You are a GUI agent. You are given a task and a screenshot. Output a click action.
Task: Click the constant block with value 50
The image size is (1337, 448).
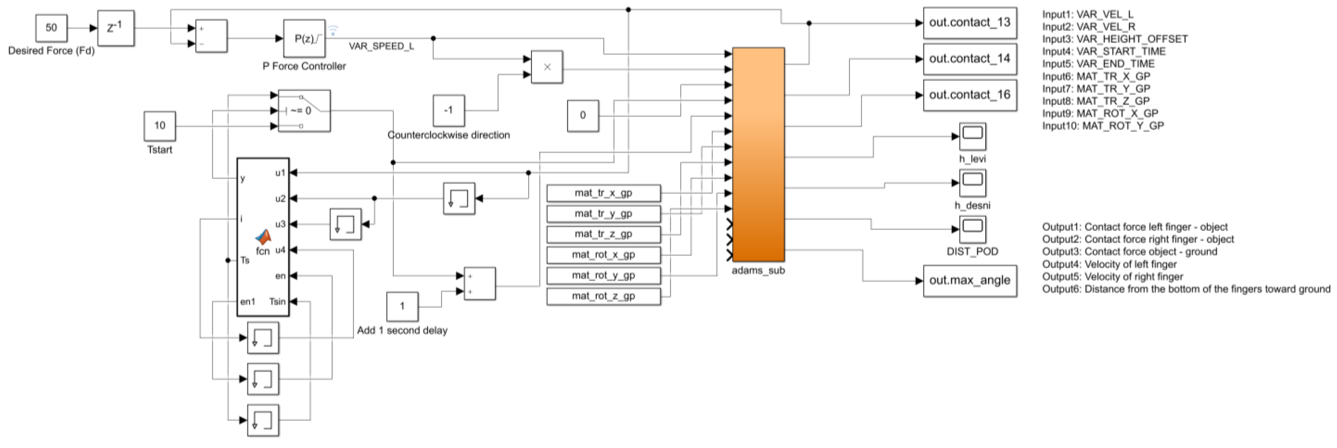pos(51,28)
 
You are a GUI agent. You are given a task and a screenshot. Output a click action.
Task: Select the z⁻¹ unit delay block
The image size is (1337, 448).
pos(115,28)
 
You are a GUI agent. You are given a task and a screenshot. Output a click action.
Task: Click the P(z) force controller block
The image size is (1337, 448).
pos(304,38)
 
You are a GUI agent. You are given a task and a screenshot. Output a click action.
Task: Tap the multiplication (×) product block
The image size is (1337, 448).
pos(547,67)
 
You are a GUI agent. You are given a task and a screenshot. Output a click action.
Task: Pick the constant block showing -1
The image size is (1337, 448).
pos(448,110)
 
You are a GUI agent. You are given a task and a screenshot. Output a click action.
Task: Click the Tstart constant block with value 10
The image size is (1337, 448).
pos(159,126)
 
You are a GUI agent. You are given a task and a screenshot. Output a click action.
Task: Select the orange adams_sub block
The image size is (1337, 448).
pos(758,155)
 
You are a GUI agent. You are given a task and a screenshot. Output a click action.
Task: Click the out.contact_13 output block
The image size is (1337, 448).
pos(969,23)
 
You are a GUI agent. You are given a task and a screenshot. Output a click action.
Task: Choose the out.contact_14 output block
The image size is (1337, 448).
pos(969,59)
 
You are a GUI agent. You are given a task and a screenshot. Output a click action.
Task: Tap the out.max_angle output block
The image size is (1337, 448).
pos(969,280)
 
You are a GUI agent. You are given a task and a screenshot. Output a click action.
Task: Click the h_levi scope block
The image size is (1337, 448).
pos(972,136)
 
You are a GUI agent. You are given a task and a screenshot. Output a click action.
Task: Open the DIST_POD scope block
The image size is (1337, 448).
pos(972,229)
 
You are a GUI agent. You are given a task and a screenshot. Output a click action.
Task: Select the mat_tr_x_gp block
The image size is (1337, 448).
pos(603,193)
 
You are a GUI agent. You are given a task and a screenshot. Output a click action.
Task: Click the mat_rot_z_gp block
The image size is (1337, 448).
pos(603,296)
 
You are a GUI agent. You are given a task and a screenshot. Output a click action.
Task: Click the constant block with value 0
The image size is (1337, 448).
pos(582,115)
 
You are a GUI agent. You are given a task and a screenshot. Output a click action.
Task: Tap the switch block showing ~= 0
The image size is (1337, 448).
pos(304,110)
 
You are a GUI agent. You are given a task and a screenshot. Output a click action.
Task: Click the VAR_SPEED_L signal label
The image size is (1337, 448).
pos(381,46)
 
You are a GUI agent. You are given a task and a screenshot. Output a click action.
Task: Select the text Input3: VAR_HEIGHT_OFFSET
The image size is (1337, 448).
pos(1114,39)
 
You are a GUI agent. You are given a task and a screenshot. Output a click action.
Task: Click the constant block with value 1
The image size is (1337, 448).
pos(402,306)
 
